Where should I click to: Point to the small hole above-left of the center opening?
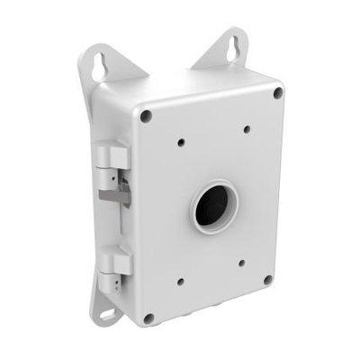click(x=181, y=141)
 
